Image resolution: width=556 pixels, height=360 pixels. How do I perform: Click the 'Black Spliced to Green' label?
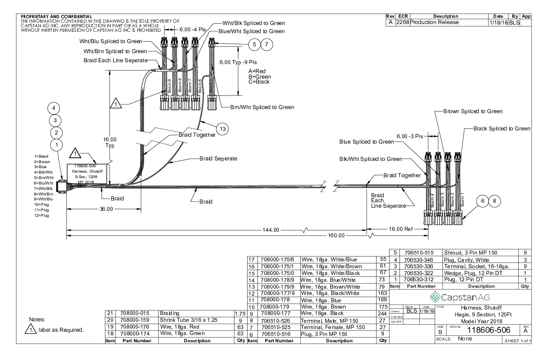501,129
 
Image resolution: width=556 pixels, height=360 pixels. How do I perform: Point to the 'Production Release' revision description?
434,22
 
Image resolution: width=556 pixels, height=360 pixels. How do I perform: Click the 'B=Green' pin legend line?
259,77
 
